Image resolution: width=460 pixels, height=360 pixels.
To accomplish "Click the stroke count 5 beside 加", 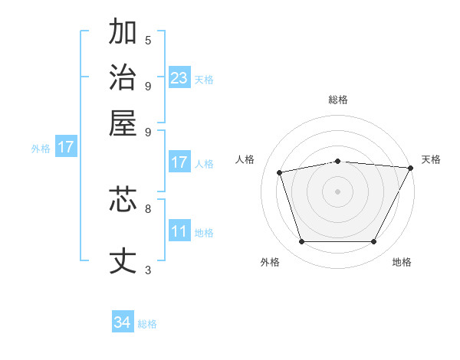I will click(148, 40).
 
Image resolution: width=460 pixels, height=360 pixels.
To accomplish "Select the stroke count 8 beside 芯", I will click(148, 208).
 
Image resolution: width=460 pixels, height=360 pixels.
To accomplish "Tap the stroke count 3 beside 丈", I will click(148, 269).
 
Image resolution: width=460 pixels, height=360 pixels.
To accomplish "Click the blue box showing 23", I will click(179, 78).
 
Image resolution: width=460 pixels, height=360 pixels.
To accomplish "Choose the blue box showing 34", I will click(123, 322).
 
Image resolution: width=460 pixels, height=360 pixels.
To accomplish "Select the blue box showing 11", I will click(179, 231).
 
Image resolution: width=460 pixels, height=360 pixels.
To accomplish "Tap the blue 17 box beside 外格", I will click(66, 147).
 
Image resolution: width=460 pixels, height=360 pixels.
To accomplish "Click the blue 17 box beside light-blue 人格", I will click(179, 162).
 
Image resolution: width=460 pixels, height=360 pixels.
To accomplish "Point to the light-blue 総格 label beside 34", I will click(147, 324).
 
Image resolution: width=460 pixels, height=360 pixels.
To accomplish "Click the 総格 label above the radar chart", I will click(338, 100).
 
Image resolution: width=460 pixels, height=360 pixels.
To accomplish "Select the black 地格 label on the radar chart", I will click(402, 262).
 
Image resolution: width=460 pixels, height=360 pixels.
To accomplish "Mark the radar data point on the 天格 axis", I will click(410, 168).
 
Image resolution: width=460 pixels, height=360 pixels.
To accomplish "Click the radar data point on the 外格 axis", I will click(301, 242).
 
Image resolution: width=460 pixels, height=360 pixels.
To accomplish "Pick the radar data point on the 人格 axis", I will click(280, 172).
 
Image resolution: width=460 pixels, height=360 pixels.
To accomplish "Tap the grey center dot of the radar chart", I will click(338, 191).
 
